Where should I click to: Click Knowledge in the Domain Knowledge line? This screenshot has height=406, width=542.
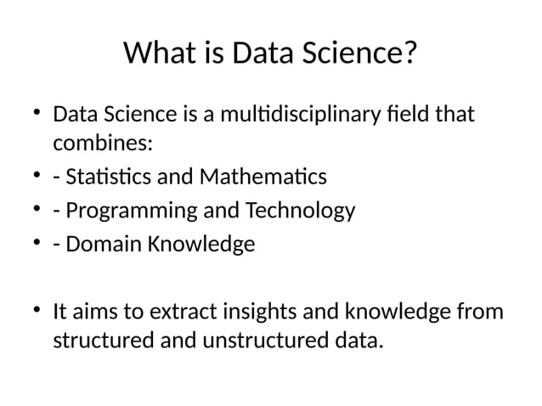(x=201, y=245)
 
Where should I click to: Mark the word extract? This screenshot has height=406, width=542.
(x=184, y=312)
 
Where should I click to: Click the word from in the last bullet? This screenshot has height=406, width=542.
(x=480, y=312)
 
